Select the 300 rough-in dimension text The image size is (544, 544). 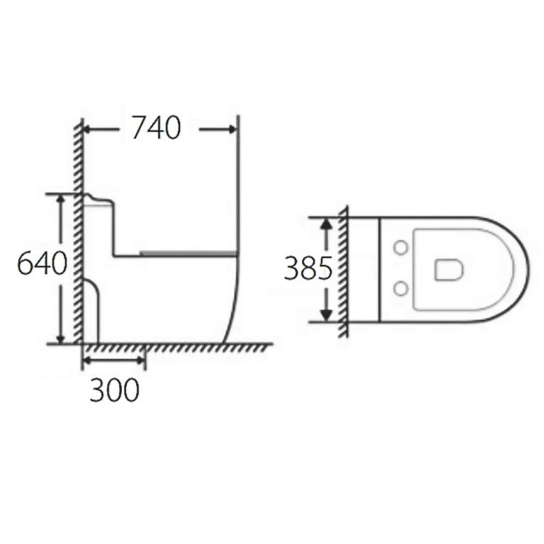[x=114, y=389]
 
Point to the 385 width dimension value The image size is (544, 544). [x=308, y=268]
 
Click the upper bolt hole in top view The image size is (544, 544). [x=400, y=248]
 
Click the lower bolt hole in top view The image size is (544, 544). [x=400, y=288]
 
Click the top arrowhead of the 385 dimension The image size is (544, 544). [x=326, y=223]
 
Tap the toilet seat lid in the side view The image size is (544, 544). [x=188, y=252]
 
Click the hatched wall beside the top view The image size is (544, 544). [x=343, y=269]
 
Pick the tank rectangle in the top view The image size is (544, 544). [x=365, y=268]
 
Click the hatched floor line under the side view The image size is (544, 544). [x=177, y=347]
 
